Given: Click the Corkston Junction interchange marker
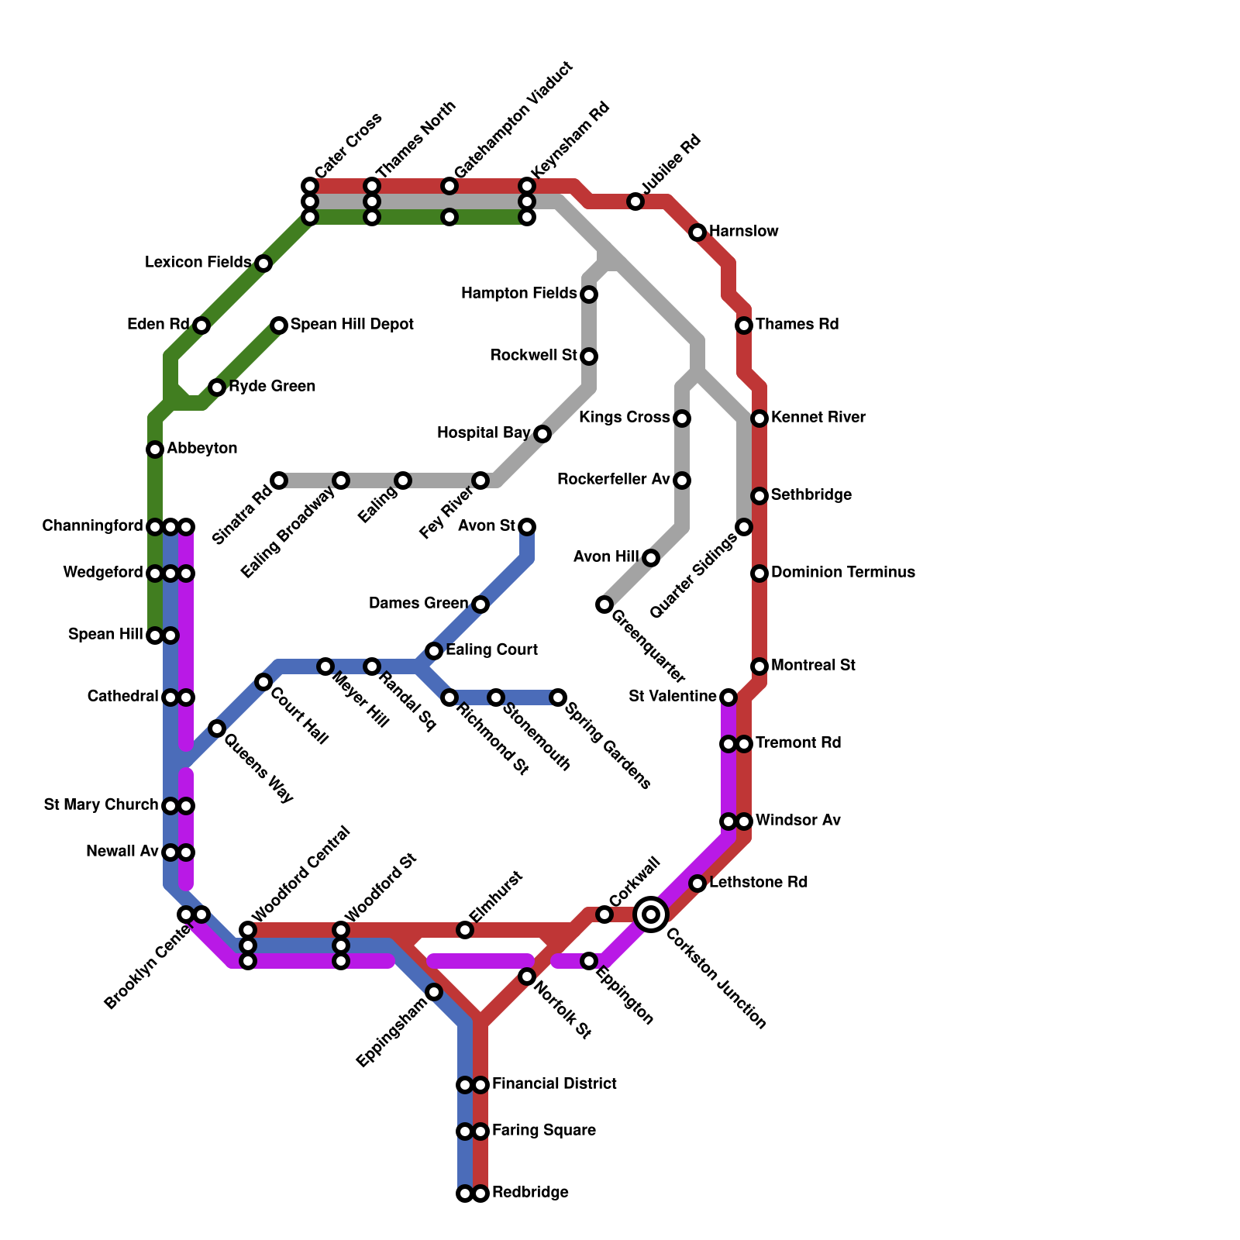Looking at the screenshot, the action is [x=651, y=914].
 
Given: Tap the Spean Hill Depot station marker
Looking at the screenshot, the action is [x=279, y=325].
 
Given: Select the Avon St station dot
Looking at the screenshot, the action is [x=527, y=527].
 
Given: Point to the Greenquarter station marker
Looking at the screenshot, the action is [x=604, y=604].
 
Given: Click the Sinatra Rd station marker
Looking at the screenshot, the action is [x=279, y=480].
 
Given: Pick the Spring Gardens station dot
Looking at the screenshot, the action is [x=558, y=697].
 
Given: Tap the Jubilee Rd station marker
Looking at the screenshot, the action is [x=635, y=201].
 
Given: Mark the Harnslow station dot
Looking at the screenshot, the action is [x=697, y=232].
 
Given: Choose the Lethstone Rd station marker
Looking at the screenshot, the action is [x=697, y=883].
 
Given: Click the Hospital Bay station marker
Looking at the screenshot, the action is [x=542, y=434].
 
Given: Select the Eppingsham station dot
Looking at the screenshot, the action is [x=434, y=992].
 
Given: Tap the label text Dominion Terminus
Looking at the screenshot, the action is [x=843, y=573].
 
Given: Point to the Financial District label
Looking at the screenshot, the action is [x=554, y=1083].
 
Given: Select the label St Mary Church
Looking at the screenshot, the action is [x=101, y=805].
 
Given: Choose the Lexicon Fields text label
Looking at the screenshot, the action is [x=198, y=263].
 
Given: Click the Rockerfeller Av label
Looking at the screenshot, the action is [x=613, y=480].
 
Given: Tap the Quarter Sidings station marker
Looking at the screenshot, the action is [x=744, y=527].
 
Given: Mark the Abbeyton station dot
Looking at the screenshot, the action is [x=155, y=449].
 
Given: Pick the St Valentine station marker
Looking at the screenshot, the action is [x=728, y=697].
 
